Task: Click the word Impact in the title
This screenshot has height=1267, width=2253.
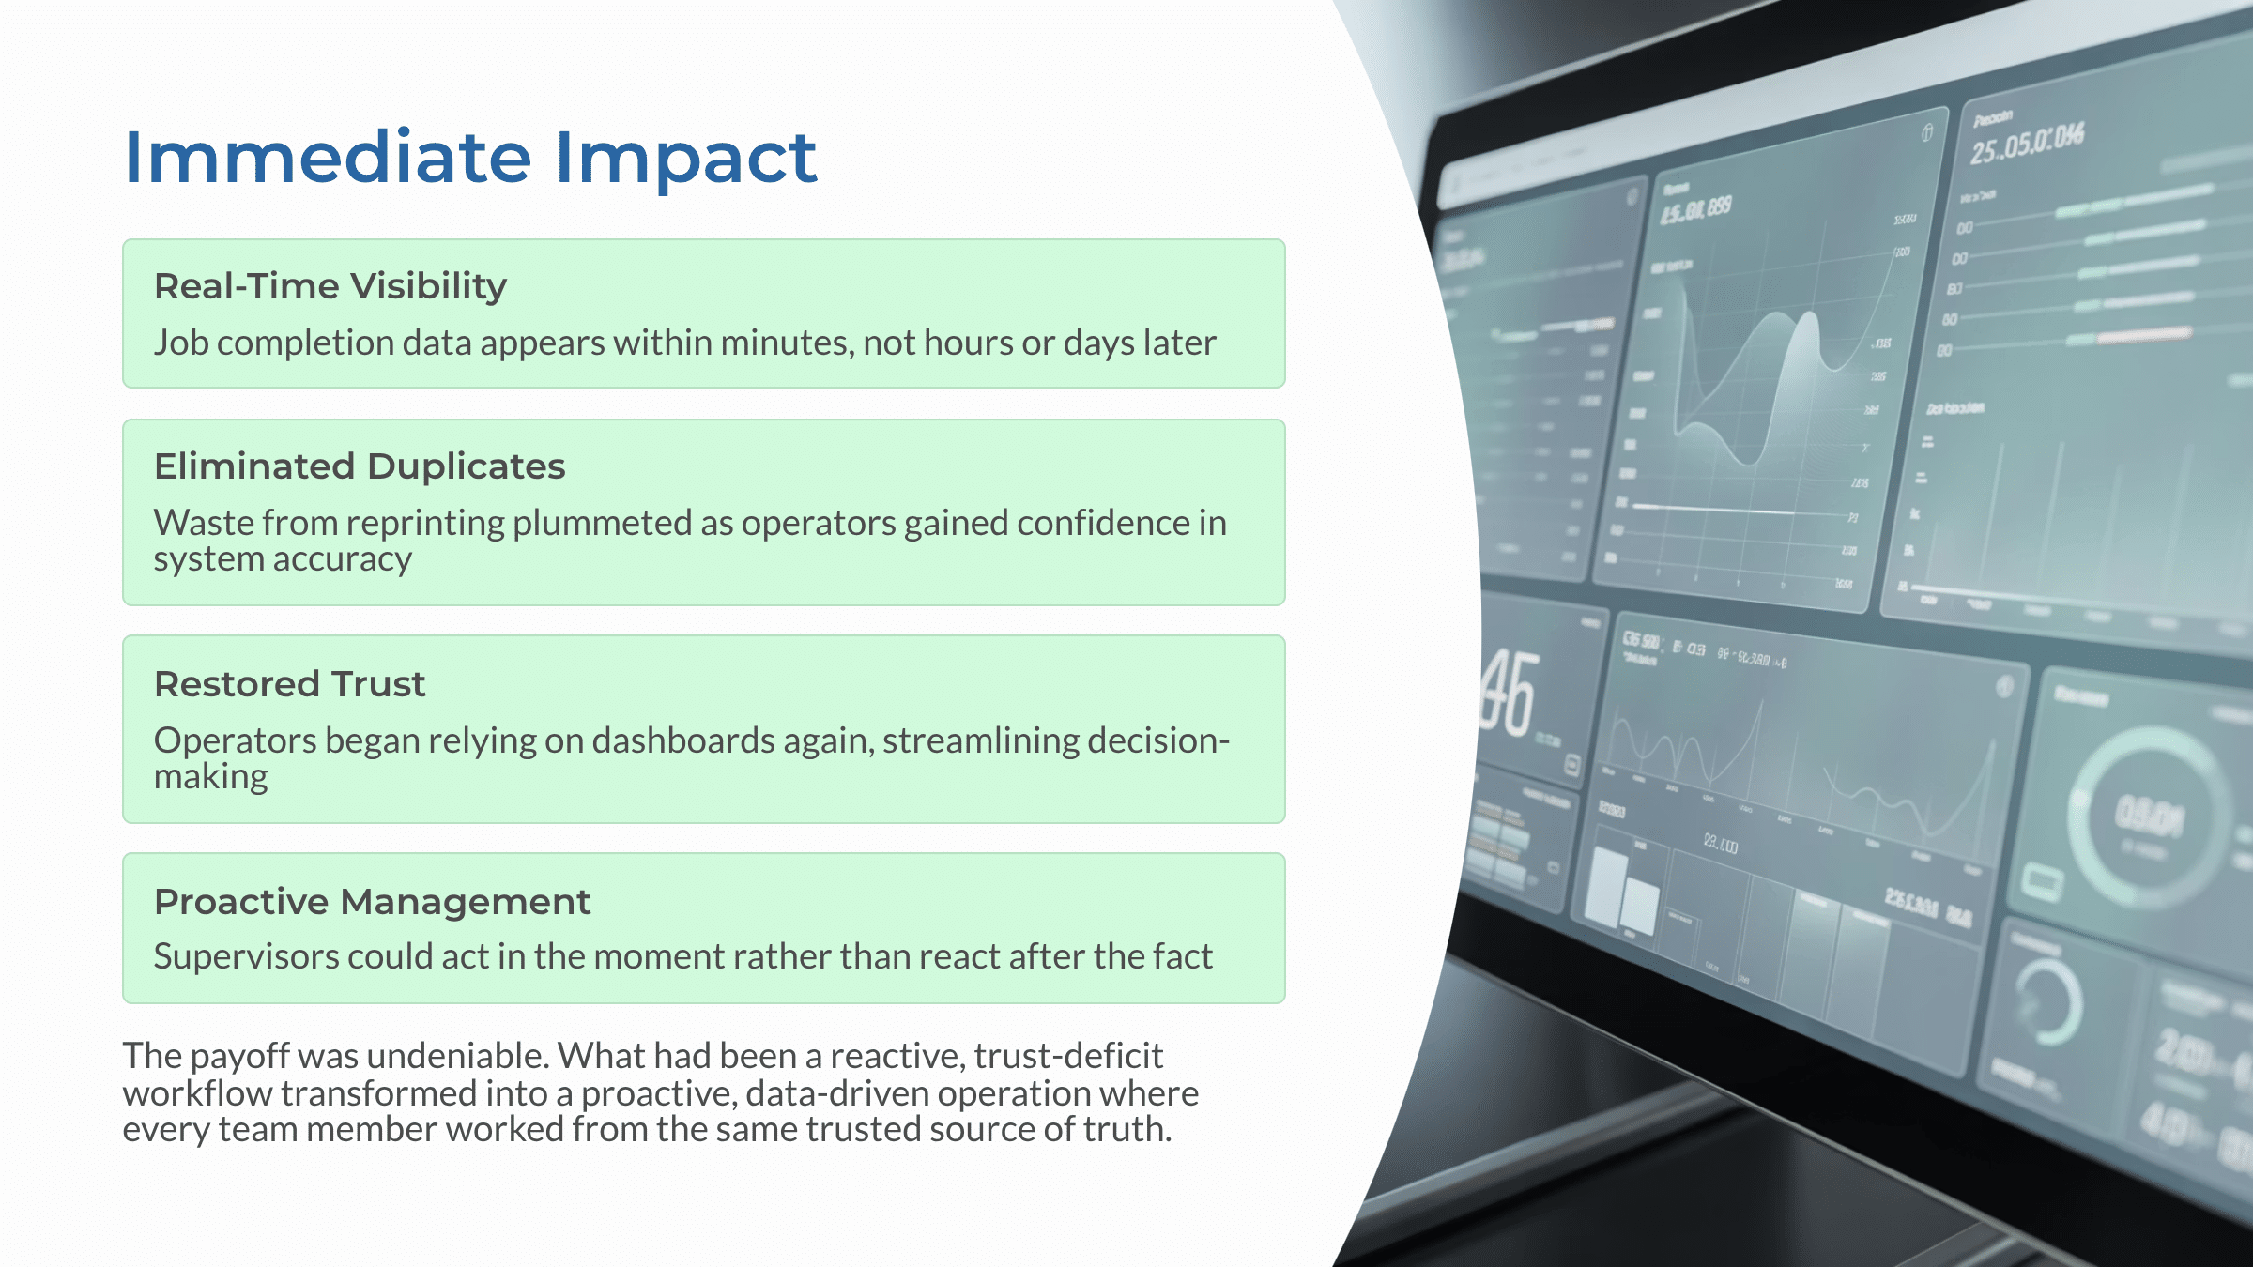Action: click(x=686, y=158)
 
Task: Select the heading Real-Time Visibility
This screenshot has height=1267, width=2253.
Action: click(x=330, y=286)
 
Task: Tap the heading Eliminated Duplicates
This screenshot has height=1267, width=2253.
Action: click(x=360, y=466)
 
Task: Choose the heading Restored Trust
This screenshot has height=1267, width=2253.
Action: click(x=289, y=684)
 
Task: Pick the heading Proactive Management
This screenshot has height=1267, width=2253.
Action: click(x=372, y=902)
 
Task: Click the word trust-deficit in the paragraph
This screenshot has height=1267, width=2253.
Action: click(x=1067, y=1057)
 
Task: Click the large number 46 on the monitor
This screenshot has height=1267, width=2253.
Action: click(x=1508, y=695)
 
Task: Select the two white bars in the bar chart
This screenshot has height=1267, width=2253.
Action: click(x=1622, y=892)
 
